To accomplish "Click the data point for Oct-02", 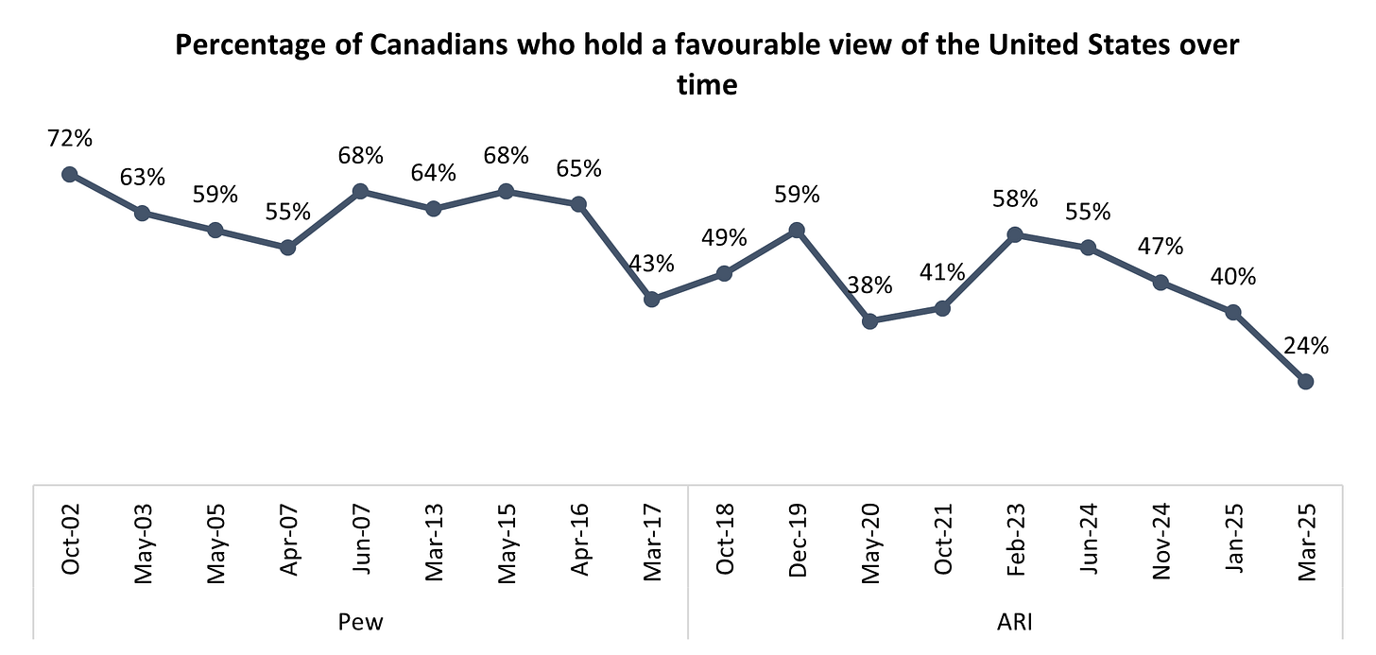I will pyautogui.click(x=69, y=174).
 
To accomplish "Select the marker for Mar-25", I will pyautogui.click(x=1306, y=381).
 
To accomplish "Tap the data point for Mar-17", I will pyautogui.click(x=651, y=299).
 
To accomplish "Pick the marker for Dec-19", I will pyautogui.click(x=797, y=230).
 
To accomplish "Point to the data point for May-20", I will pyautogui.click(x=870, y=321).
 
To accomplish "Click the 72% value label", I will pyautogui.click(x=69, y=138).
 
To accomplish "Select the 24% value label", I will pyautogui.click(x=1306, y=346).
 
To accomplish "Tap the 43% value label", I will pyautogui.click(x=651, y=264).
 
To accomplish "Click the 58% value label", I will pyautogui.click(x=1015, y=198).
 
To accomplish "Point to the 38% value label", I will pyautogui.click(x=870, y=285).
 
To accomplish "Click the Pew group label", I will pyautogui.click(x=360, y=621).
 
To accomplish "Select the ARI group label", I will pyautogui.click(x=1015, y=621).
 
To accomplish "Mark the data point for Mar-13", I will pyautogui.click(x=433, y=208).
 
